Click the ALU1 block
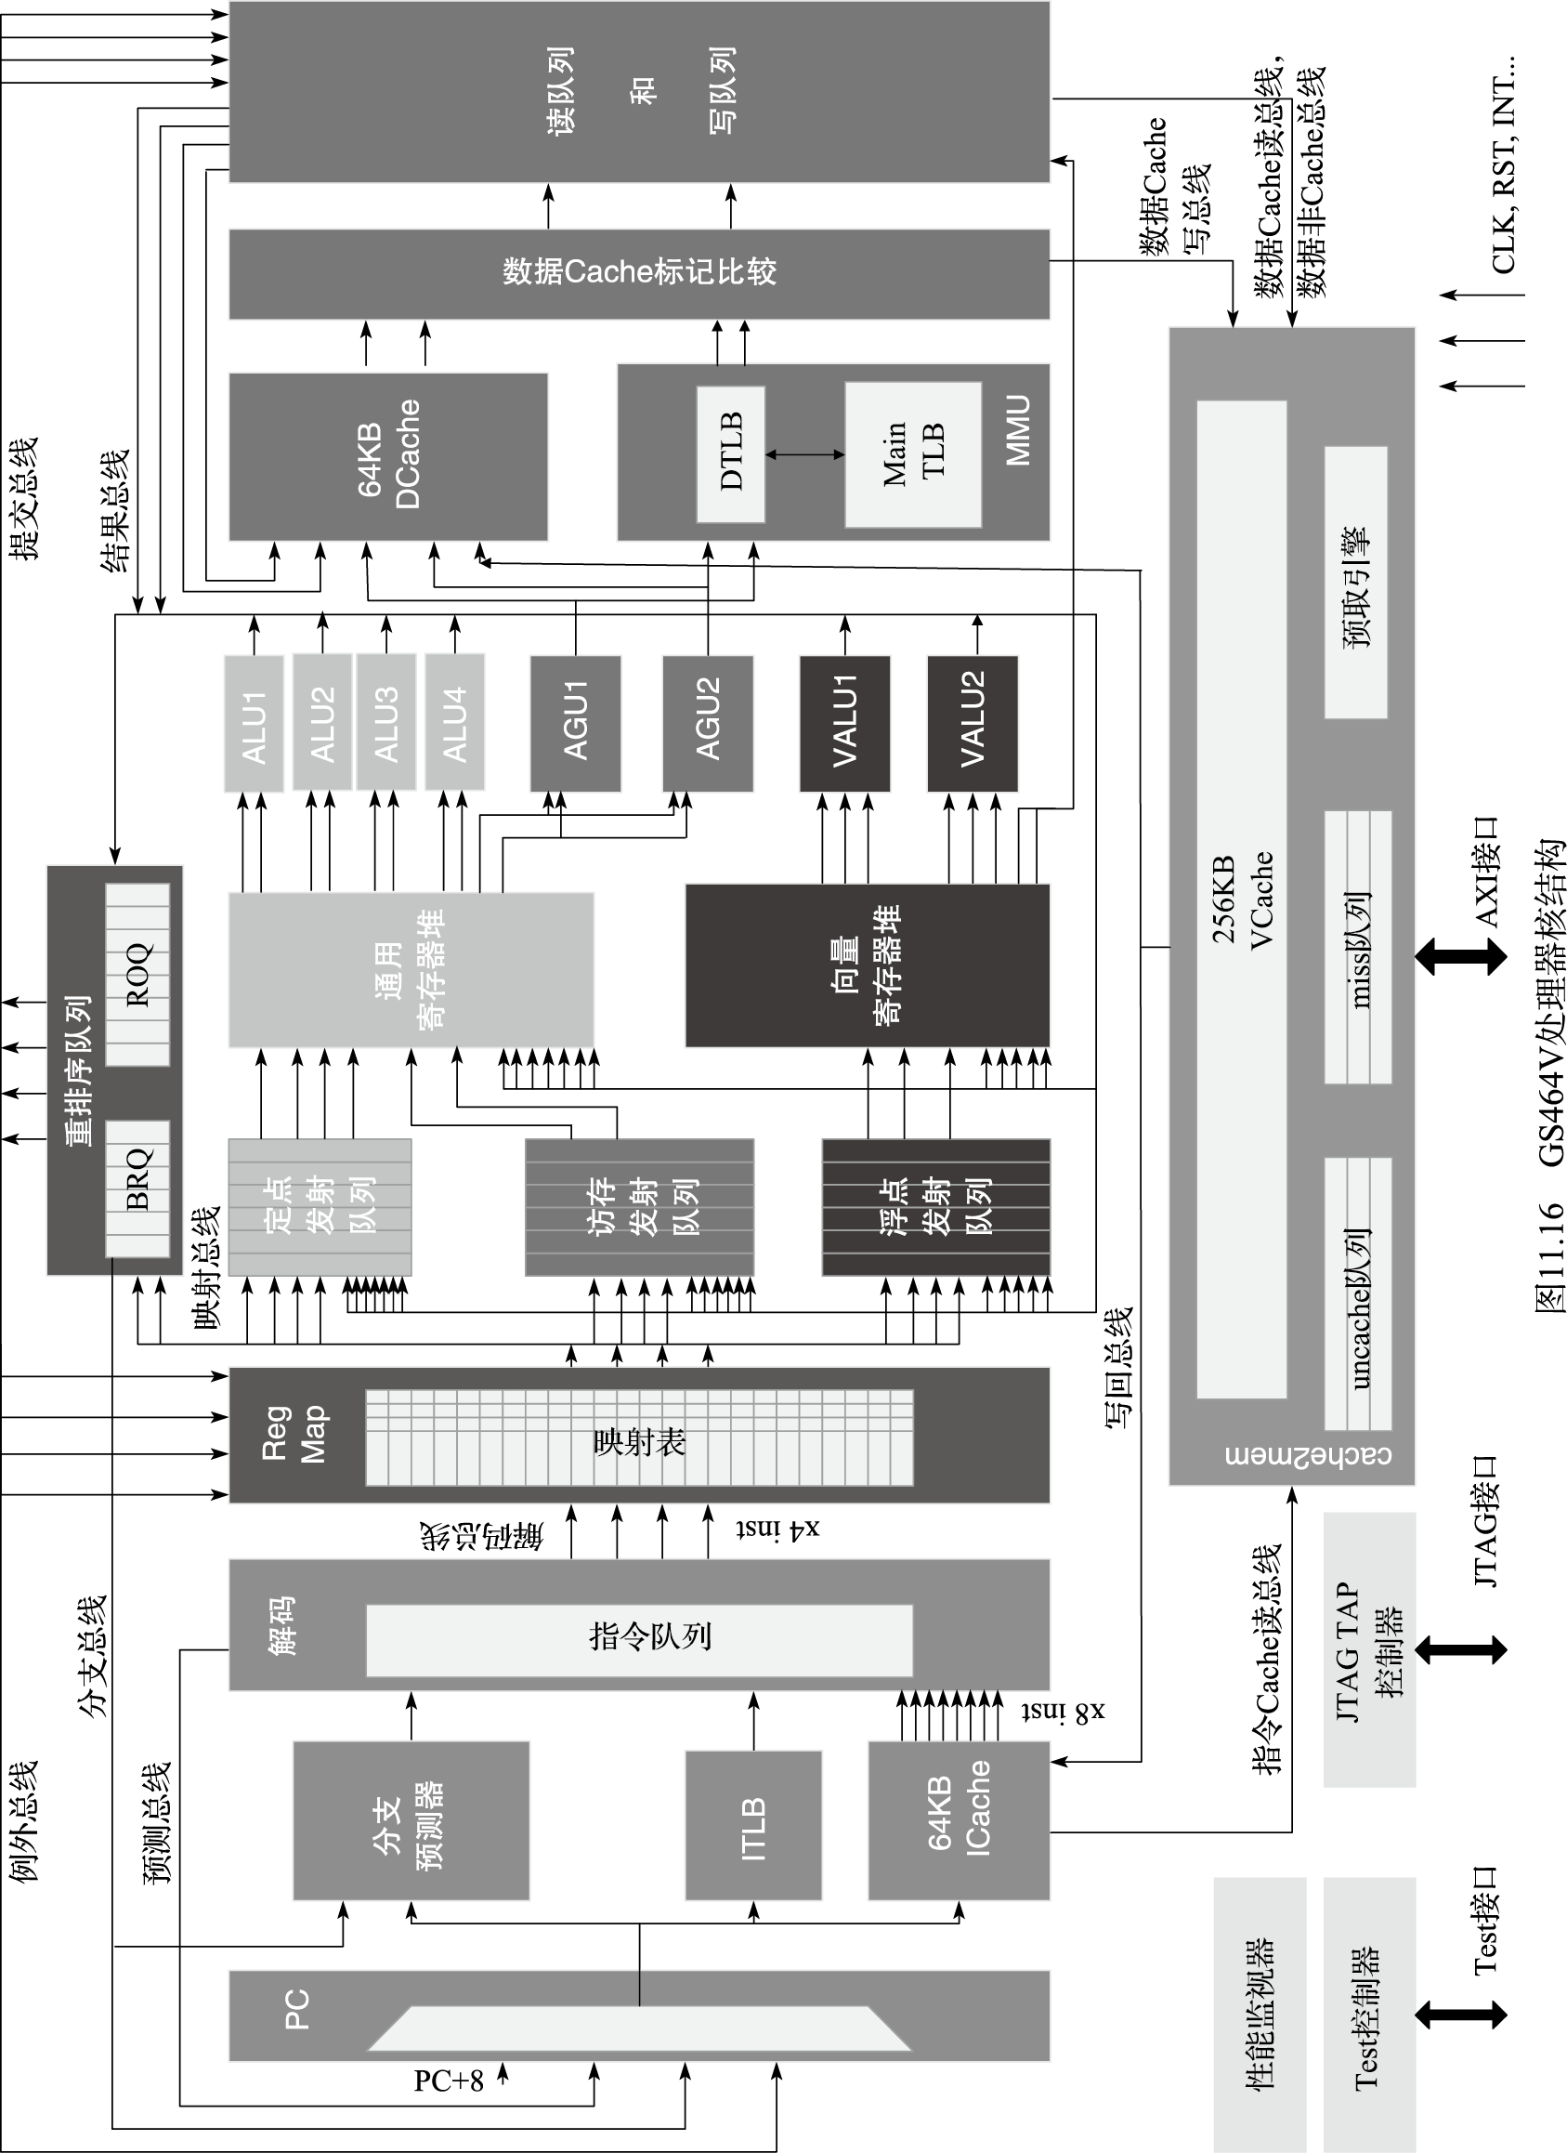(254, 723)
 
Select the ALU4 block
(454, 723)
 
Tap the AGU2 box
(708, 723)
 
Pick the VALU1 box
(844, 723)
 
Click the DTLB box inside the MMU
(731, 453)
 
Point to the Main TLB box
(913, 453)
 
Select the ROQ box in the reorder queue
(137, 974)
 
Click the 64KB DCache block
(388, 456)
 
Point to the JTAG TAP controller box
(1369, 1649)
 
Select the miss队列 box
(1358, 948)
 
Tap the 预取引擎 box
(1355, 583)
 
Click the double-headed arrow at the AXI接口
(1461, 955)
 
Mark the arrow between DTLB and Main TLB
(804, 454)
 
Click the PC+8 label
(448, 2081)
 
